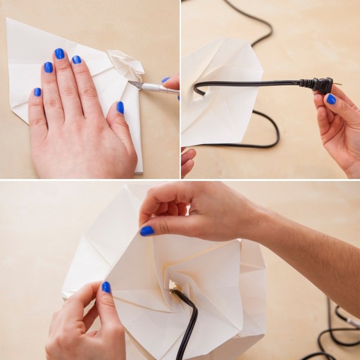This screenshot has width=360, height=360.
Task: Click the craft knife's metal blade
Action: pos(135,84)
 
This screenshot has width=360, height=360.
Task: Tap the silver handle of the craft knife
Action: pos(158,88)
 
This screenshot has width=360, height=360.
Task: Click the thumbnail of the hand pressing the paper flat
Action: pos(120,108)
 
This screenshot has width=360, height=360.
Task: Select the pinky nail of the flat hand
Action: pos(37,92)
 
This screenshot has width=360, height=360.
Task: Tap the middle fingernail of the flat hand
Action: pos(60,54)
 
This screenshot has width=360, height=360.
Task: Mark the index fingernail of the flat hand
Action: pos(76,60)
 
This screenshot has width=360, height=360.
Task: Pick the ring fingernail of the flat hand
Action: pos(48,67)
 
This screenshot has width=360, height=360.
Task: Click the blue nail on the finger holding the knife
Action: pos(166,80)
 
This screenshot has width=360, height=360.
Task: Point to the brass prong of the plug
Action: pos(337,84)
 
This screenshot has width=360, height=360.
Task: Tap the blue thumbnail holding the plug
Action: pos(331,99)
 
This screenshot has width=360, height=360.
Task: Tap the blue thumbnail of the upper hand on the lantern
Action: pos(147,231)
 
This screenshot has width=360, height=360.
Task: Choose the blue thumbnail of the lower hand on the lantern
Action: pos(106,287)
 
